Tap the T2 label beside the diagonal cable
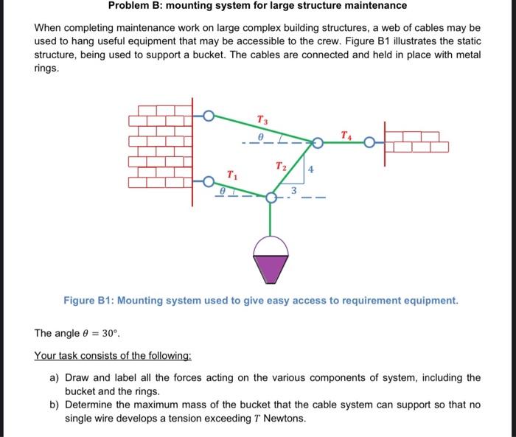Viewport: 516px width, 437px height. tap(280, 166)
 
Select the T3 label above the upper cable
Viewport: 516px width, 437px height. tap(262, 119)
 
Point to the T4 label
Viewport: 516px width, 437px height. tap(346, 133)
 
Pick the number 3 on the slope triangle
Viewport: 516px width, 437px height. tap(293, 191)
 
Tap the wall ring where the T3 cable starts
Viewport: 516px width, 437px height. tap(209, 116)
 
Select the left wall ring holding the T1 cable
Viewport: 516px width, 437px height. tap(209, 180)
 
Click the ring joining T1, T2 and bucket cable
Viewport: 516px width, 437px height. tap(272, 198)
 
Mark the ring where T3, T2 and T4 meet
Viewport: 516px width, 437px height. tap(318, 143)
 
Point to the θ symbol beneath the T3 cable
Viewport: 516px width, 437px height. tap(259, 137)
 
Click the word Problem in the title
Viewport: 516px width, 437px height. tap(128, 6)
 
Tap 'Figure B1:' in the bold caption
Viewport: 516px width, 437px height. tap(88, 301)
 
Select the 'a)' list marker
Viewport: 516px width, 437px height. tap(54, 378)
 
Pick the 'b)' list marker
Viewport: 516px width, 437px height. tap(54, 405)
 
